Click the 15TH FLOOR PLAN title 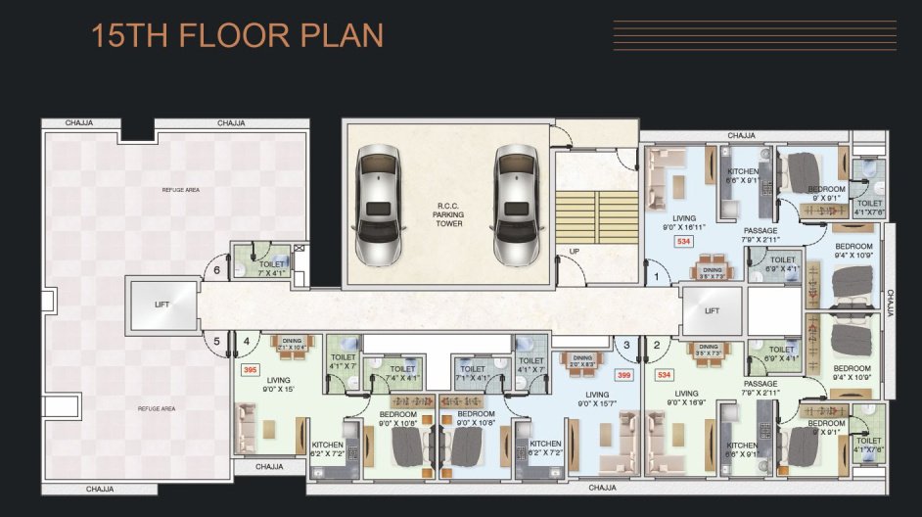(x=237, y=37)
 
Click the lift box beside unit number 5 (x=162, y=305)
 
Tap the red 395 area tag (x=250, y=370)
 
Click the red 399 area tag (x=622, y=374)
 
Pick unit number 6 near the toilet (x=217, y=271)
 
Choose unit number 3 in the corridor (x=626, y=344)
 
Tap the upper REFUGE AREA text (x=180, y=189)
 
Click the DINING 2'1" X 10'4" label (x=292, y=344)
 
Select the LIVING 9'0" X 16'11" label (x=682, y=222)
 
